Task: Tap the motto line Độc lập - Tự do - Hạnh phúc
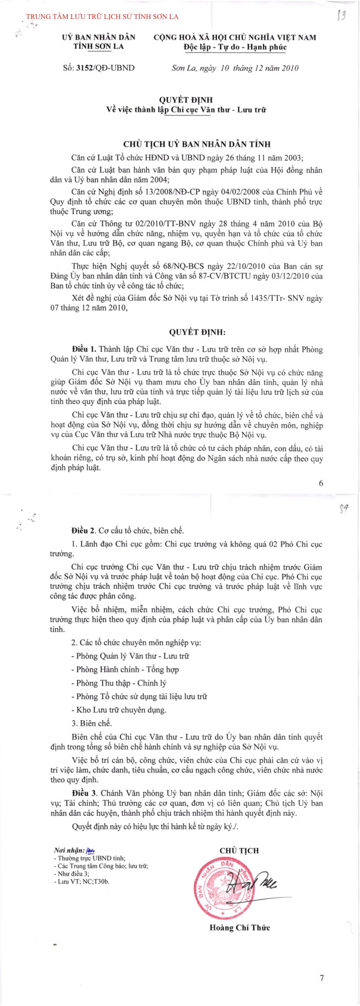[x=235, y=47]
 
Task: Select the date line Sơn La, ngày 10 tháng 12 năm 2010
[x=235, y=68]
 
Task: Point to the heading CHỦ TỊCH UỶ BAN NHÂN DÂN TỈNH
[x=197, y=144]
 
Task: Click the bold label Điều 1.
[x=83, y=349]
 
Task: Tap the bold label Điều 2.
[x=83, y=530]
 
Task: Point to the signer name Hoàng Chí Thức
[x=240, y=927]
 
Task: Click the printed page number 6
[x=321, y=483]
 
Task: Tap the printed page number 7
[x=322, y=978]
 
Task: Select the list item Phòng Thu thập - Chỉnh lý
[x=119, y=683]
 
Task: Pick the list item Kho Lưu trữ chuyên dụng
[x=119, y=710]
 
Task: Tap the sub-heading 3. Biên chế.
[x=92, y=723]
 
